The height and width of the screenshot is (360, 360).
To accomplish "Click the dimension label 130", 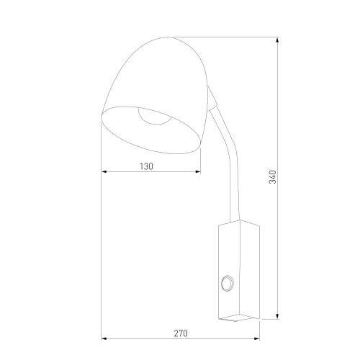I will [x=146, y=166].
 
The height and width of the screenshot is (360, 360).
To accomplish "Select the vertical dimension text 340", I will [x=272, y=176].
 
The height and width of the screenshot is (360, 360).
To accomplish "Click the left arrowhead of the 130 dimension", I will [x=104, y=172].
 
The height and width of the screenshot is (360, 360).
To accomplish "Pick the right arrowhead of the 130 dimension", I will [x=199, y=172].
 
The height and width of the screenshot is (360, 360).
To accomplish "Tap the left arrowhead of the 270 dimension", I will [x=104, y=339].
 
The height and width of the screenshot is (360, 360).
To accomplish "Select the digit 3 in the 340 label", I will [x=272, y=184].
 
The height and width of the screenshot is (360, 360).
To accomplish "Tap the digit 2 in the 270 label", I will [x=175, y=333].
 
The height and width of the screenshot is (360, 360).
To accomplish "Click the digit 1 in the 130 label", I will [x=141, y=166].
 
